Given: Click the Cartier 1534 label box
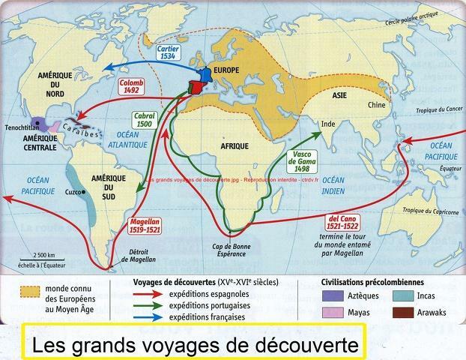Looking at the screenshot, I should tap(169, 51).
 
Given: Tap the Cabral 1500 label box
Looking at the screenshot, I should tap(144, 121).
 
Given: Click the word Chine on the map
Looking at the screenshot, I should tap(375, 106).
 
